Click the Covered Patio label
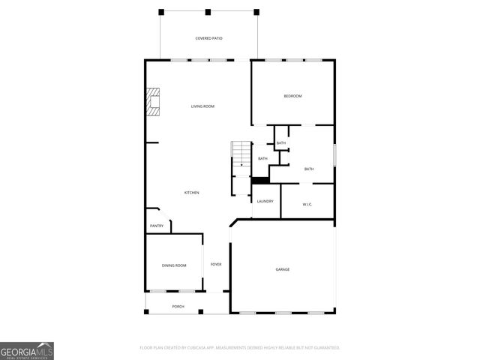pyautogui.click(x=209, y=38)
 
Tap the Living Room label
pyautogui.click(x=202, y=106)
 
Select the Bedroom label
pyautogui.click(x=292, y=96)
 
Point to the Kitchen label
pyautogui.click(x=192, y=193)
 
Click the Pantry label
pyautogui.click(x=157, y=226)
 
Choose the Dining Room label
pyautogui.click(x=174, y=265)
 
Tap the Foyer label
pyautogui.click(x=216, y=264)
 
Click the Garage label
pyautogui.click(x=283, y=269)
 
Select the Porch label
pyautogui.click(x=178, y=307)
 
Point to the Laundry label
pyautogui.click(x=265, y=201)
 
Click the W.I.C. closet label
pyautogui.click(x=307, y=205)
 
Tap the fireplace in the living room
pyautogui.click(x=154, y=103)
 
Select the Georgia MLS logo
pyautogui.click(x=27, y=351)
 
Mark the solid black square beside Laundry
pyautogui.click(x=260, y=180)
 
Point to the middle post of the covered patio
pyautogui.click(x=208, y=13)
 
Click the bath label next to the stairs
pyautogui.click(x=263, y=158)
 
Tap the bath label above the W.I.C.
pyautogui.click(x=309, y=169)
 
